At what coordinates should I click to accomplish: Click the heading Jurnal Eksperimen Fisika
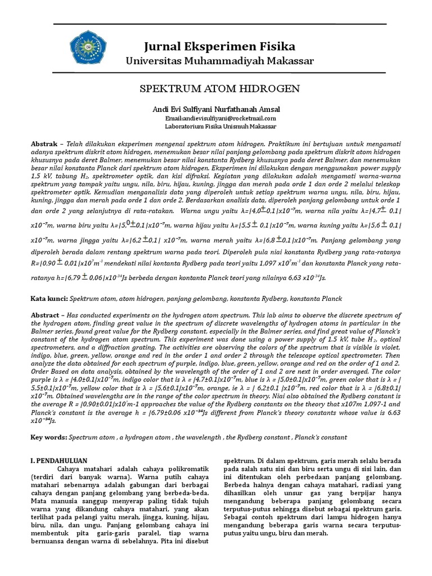coord(219,46)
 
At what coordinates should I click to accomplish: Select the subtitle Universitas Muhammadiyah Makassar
coord(219,61)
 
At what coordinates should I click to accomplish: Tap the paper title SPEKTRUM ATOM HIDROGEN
coord(219,89)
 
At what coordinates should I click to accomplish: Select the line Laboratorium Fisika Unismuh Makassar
coord(219,127)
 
